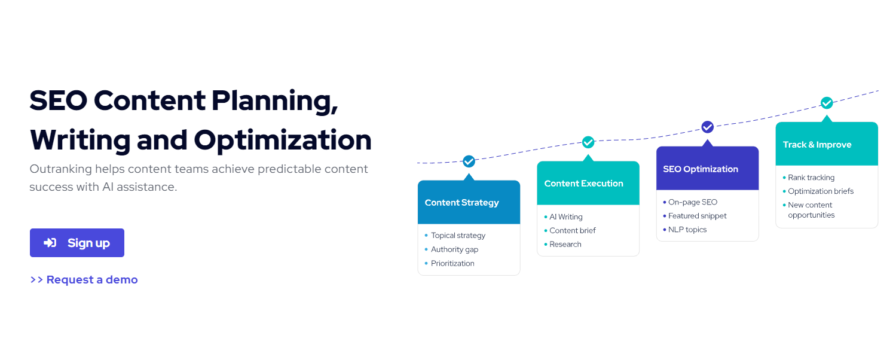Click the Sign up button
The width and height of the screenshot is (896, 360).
click(77, 243)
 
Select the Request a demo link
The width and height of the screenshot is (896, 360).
click(84, 280)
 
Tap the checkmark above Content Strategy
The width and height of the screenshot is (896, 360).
click(469, 161)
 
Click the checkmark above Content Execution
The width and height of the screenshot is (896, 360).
click(588, 142)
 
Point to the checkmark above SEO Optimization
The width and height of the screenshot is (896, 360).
click(708, 127)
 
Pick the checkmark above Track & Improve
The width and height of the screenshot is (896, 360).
click(827, 103)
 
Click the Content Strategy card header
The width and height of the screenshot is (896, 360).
click(469, 203)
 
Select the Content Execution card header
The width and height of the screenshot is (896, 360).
click(588, 184)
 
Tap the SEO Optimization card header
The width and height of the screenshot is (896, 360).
click(708, 169)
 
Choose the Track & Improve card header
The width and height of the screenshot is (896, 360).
click(827, 145)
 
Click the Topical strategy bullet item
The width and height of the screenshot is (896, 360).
click(458, 236)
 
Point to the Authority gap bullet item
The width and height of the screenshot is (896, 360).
click(454, 249)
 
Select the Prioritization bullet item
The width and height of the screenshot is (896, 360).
click(452, 263)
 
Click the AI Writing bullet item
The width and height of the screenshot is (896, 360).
click(565, 217)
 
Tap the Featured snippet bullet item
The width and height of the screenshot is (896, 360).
click(697, 216)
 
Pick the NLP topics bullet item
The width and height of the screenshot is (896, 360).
click(687, 230)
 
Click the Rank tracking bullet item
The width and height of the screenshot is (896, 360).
click(811, 178)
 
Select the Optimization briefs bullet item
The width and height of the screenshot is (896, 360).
click(820, 191)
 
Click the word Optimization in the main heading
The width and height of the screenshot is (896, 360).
click(282, 140)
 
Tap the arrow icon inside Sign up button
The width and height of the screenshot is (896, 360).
click(50, 243)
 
